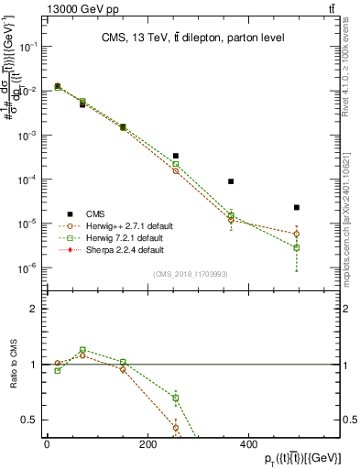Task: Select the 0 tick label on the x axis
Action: (x=47, y=444)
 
